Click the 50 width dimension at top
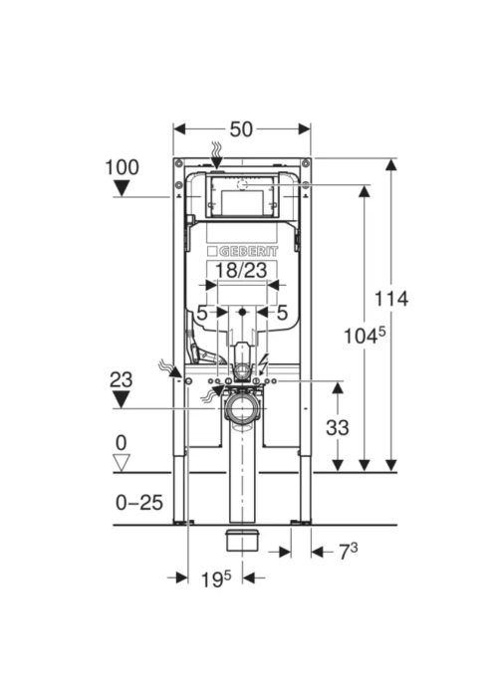[241, 129]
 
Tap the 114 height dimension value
[390, 299]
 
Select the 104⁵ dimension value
[365, 336]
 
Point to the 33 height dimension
[338, 427]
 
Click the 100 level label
[122, 167]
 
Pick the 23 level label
[121, 380]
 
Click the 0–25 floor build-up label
[139, 503]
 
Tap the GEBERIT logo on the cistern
[242, 252]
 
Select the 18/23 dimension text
[241, 270]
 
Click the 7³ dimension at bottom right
[348, 552]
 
